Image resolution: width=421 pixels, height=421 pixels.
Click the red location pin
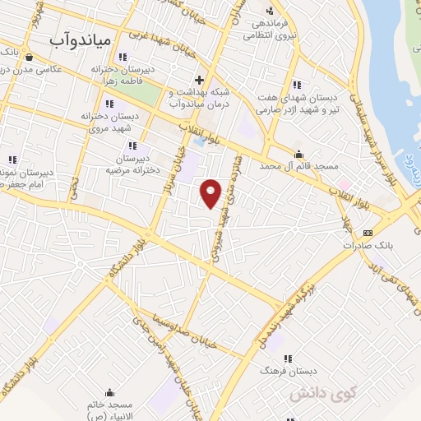[211, 192]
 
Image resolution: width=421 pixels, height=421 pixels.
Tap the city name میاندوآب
[80, 39]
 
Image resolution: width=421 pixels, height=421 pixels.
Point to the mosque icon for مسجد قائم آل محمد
[298, 154]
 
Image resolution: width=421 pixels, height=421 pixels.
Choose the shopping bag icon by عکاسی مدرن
[30, 58]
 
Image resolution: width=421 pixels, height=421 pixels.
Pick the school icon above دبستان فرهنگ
[288, 359]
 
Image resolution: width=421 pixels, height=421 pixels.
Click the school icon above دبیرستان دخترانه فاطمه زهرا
[123, 57]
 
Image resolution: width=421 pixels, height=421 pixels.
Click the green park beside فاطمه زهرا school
[143, 96]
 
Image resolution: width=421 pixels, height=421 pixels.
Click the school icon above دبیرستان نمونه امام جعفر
[12, 159]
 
